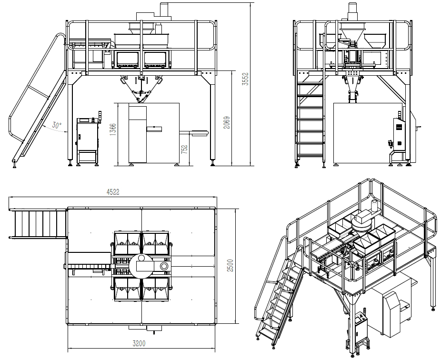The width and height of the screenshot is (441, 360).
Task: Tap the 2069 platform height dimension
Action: tap(227, 123)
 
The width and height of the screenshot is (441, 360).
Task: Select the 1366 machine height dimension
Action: tap(113, 130)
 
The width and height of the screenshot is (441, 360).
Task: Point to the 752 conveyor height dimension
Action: tap(184, 150)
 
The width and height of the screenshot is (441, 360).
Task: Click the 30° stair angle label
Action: tap(57, 125)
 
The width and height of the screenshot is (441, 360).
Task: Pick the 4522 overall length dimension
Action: tap(113, 192)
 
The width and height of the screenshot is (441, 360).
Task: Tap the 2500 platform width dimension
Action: tap(230, 265)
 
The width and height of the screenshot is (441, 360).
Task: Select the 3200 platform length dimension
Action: tap(139, 343)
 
